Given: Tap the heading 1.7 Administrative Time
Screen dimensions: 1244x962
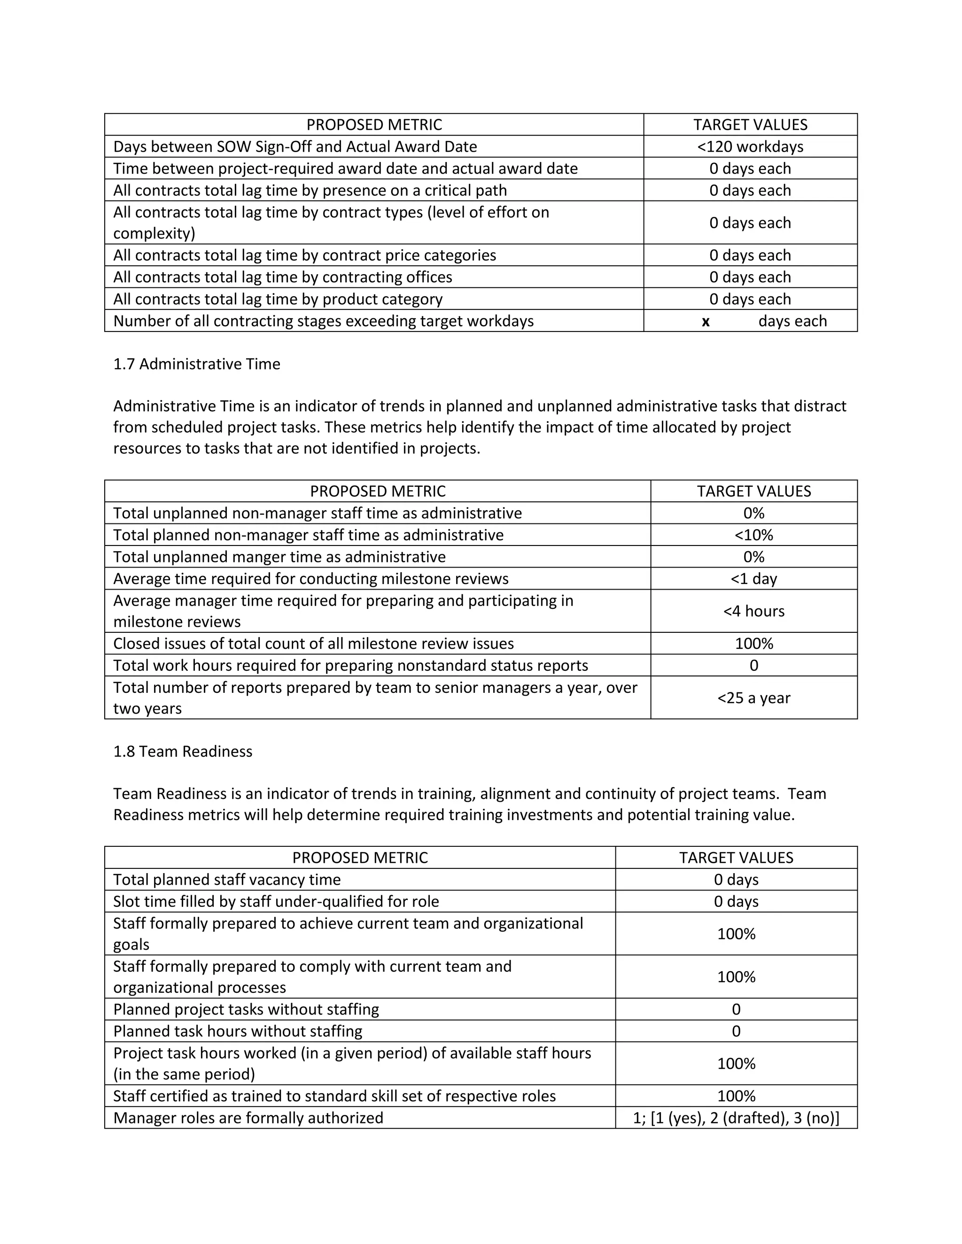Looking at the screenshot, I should click(197, 364).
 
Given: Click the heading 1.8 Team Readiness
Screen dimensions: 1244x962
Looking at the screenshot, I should click(182, 751).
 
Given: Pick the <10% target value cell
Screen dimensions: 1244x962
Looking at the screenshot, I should click(753, 535).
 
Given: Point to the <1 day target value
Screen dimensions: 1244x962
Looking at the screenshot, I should click(753, 579).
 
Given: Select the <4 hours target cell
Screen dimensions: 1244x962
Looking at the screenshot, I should click(753, 611).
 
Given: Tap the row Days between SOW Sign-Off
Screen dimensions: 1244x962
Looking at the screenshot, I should click(295, 146).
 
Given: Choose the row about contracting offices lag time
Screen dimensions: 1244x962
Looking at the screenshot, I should click(283, 277).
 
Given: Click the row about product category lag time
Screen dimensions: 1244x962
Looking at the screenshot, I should click(278, 299).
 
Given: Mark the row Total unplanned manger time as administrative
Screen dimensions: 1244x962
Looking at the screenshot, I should click(279, 557).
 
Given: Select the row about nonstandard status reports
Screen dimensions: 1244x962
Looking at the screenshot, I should click(350, 665).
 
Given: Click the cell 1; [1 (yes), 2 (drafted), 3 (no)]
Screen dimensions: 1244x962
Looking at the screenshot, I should click(736, 1118).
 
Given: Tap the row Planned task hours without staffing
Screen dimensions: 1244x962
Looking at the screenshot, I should click(238, 1031).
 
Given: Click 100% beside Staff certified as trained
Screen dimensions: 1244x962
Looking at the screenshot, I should click(736, 1096).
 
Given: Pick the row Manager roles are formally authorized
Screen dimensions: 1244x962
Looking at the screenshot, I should click(248, 1118).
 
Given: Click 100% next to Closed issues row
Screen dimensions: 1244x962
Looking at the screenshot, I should click(753, 644).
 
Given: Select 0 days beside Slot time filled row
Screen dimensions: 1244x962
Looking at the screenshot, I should click(736, 901).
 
